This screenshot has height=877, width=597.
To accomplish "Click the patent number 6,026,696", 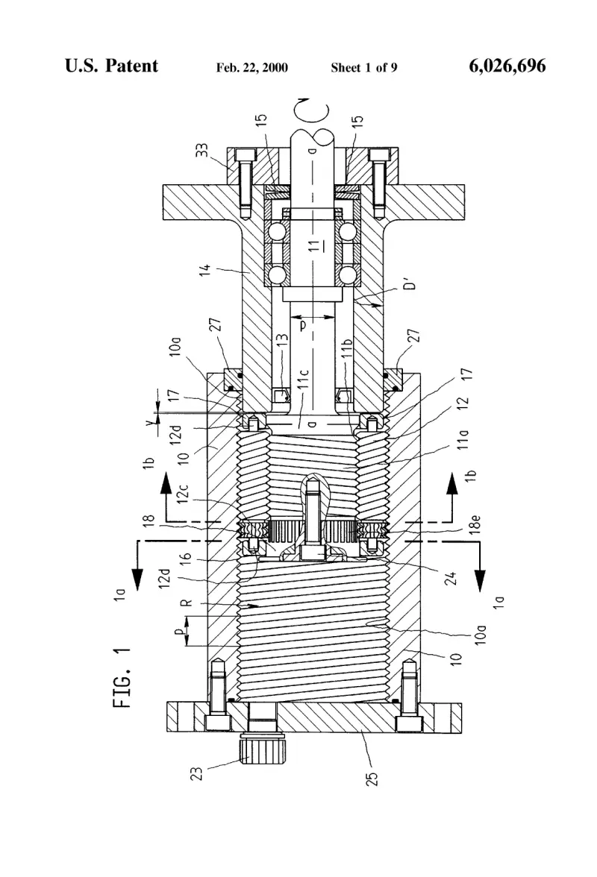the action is coord(507,66).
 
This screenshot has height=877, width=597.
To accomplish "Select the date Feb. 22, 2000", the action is coord(251,68).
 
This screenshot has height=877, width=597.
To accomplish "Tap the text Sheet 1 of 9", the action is coord(363,68).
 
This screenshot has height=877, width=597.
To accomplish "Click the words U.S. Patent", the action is coord(111,66).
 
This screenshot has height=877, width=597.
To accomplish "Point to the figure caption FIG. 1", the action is coord(122,677).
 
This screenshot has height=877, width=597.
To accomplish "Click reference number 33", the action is coord(202,151).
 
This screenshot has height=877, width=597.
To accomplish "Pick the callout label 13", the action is coord(283,341).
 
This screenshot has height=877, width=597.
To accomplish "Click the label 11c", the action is coord(304,380).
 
